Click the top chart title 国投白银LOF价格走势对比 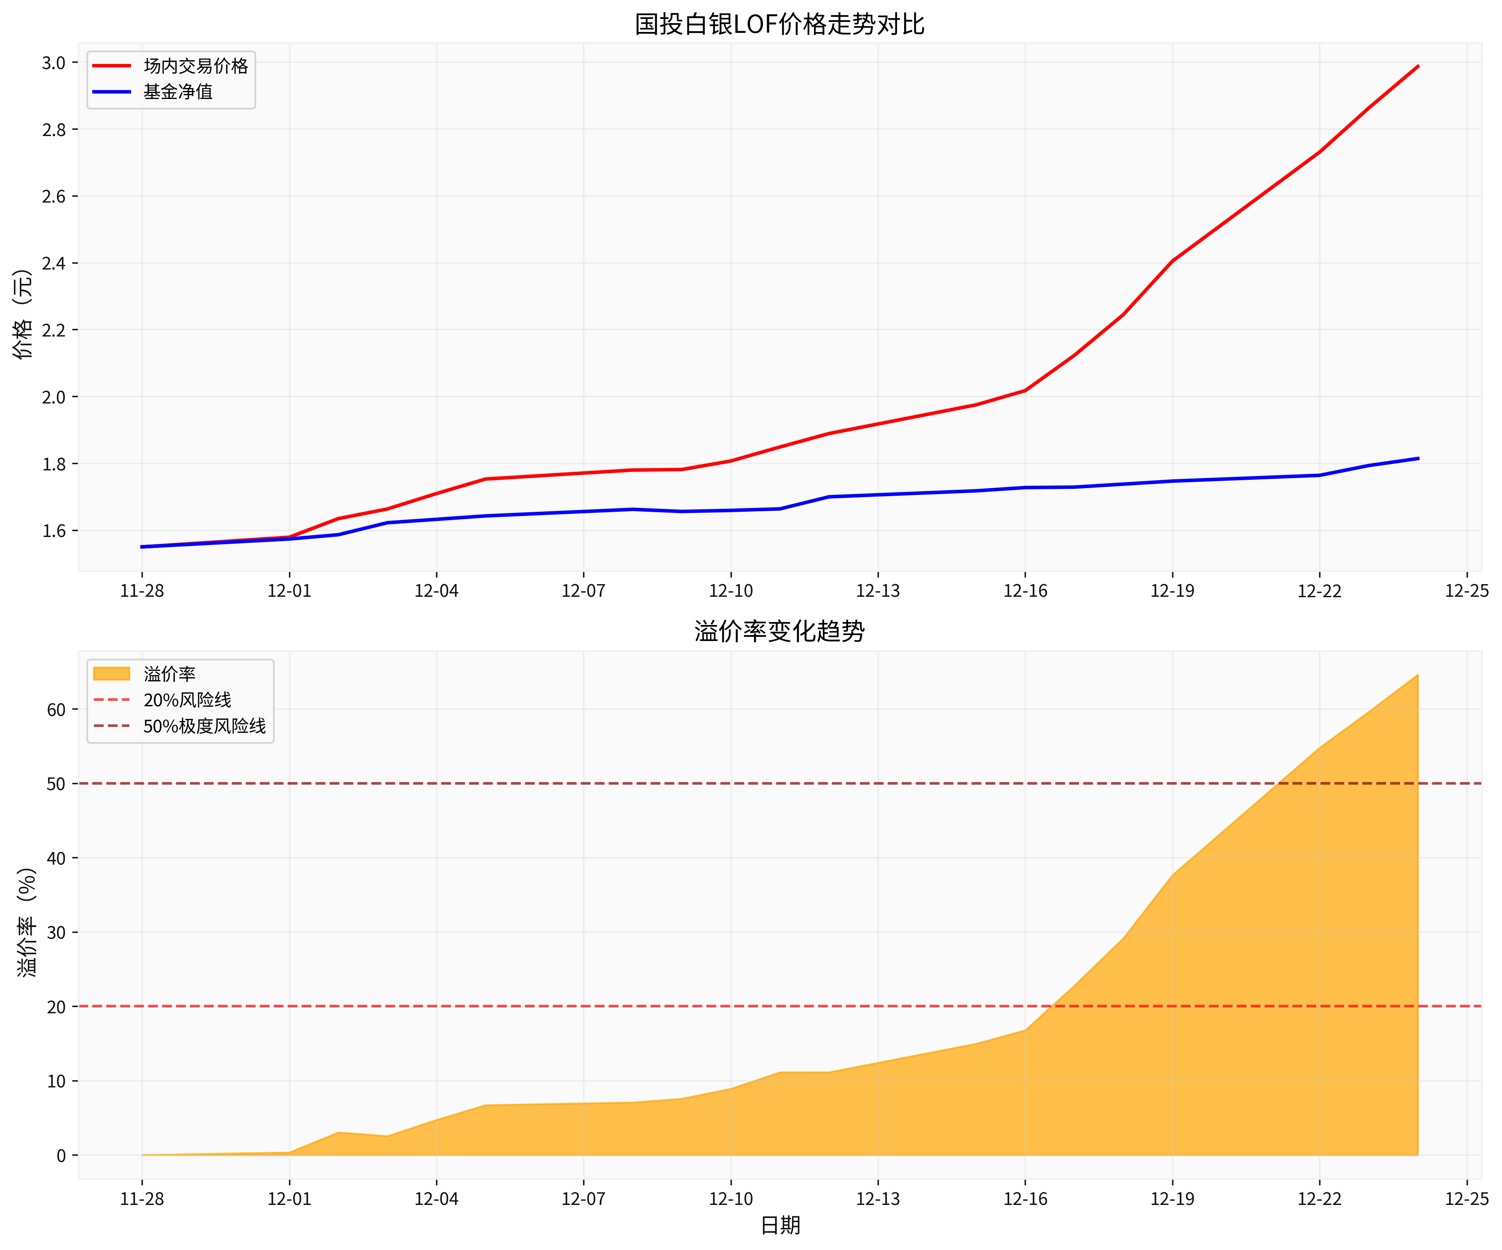tap(779, 24)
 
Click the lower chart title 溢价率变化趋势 tap(779, 631)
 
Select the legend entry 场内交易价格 tap(195, 66)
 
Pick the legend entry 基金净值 tap(178, 91)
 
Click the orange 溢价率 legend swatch tap(112, 673)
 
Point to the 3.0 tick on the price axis tap(54, 63)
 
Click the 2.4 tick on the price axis tap(54, 263)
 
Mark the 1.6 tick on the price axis tap(54, 531)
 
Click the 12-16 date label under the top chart tap(1025, 590)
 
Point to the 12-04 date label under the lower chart tap(436, 1199)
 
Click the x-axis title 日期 tap(779, 1226)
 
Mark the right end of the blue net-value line tap(1418, 458)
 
